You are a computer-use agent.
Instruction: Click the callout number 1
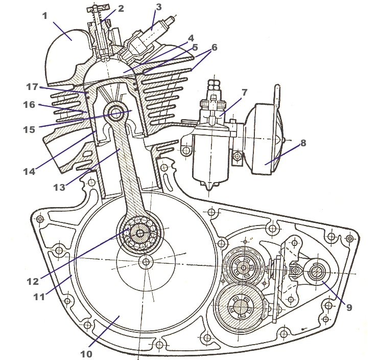tap(45, 16)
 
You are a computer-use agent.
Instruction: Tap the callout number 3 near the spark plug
tap(158, 7)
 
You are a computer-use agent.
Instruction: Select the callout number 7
tap(244, 92)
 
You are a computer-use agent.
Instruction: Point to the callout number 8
tap(303, 143)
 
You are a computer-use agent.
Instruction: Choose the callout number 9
tap(349, 307)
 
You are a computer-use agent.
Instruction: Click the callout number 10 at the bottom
tap(86, 354)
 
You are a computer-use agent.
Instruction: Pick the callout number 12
tap(33, 281)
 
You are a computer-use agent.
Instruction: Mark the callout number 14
tap(29, 171)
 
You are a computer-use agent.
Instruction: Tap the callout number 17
tap(32, 86)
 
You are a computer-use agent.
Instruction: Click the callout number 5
tap(195, 47)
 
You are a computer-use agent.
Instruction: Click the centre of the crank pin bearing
tap(140, 233)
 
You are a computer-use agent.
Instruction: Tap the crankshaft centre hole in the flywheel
tap(146, 262)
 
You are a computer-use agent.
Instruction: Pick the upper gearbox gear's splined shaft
tap(243, 268)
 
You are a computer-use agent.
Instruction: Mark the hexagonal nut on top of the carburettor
tap(213, 85)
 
